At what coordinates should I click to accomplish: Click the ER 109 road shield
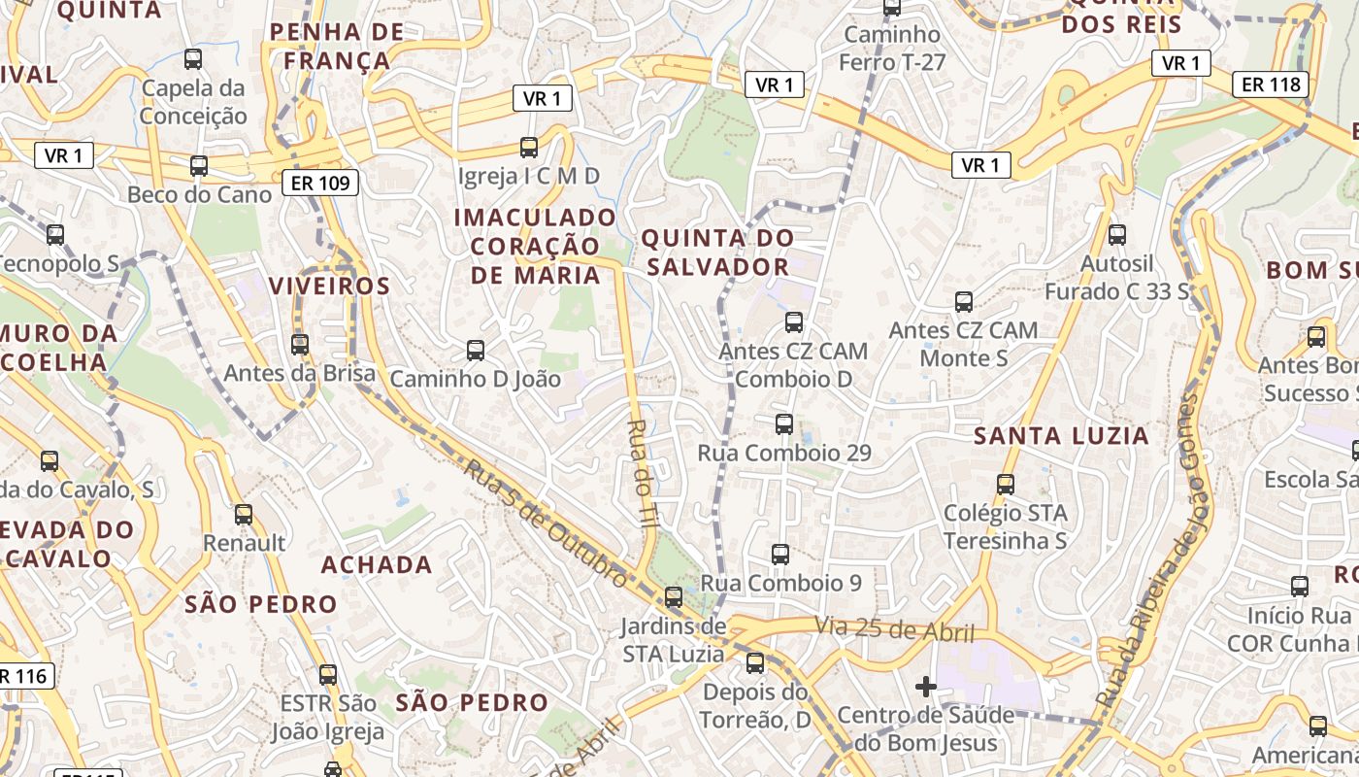[x=321, y=183]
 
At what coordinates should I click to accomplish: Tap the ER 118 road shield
[x=1272, y=84]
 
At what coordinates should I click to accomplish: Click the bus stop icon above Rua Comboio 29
[x=784, y=424]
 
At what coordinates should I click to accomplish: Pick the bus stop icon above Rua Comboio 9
[x=780, y=555]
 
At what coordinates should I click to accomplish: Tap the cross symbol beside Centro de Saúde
[x=926, y=688]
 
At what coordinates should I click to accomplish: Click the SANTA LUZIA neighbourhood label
[x=1062, y=436]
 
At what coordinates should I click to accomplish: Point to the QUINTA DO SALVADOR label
[x=717, y=252]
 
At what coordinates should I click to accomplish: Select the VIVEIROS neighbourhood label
[x=329, y=287]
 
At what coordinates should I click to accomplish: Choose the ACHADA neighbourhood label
[x=377, y=565]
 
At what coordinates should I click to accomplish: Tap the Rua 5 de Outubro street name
[x=546, y=523]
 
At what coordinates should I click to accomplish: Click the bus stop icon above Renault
[x=244, y=515]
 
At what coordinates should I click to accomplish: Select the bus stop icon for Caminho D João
[x=476, y=351]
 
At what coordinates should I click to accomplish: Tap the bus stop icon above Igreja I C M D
[x=529, y=148]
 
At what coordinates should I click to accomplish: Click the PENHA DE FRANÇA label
[x=337, y=47]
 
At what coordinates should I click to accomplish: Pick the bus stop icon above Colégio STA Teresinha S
[x=1006, y=484]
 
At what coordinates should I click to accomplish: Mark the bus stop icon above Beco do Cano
[x=199, y=166]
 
